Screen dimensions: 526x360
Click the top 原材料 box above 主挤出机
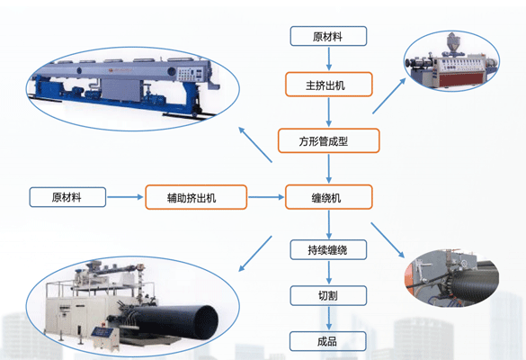click(x=328, y=36)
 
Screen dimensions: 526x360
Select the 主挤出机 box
click(x=329, y=85)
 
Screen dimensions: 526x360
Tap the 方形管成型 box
click(x=329, y=140)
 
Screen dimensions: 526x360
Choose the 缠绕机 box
click(x=329, y=197)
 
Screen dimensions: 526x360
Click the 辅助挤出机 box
click(x=196, y=197)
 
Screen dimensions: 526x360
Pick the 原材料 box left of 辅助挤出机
click(x=67, y=197)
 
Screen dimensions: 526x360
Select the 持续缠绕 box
click(x=328, y=249)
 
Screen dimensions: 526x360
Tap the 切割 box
click(x=328, y=295)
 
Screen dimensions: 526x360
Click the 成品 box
click(x=328, y=341)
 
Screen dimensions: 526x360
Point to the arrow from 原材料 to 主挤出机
click(x=329, y=58)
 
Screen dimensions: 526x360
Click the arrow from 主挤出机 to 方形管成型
click(x=329, y=112)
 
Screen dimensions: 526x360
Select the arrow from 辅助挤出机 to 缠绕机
click(x=266, y=197)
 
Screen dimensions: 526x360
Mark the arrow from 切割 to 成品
click(x=329, y=319)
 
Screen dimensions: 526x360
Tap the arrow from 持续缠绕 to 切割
click(x=329, y=273)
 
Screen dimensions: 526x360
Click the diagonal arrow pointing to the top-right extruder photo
click(x=389, y=96)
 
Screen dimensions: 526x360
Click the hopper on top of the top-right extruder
click(x=452, y=43)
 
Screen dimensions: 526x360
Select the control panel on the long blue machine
click(x=190, y=74)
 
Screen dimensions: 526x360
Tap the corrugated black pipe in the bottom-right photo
click(x=475, y=284)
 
